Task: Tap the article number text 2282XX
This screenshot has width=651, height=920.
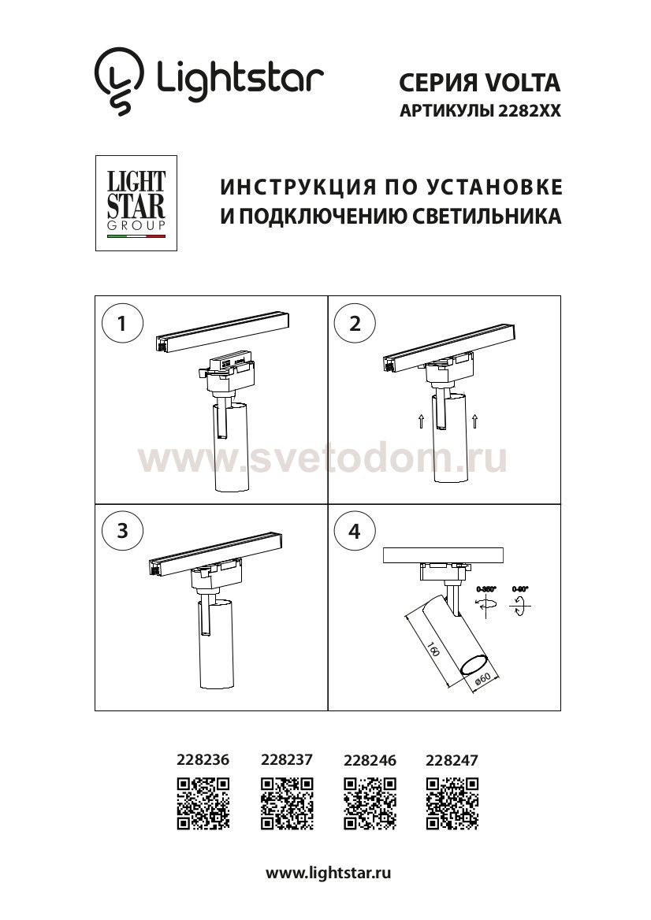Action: (x=529, y=112)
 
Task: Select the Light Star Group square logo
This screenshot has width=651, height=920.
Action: (x=136, y=203)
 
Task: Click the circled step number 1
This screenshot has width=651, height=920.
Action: (x=121, y=323)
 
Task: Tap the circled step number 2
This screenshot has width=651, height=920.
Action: (x=355, y=323)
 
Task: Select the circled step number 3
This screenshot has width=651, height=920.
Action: (x=121, y=530)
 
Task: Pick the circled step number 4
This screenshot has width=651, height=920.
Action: (x=355, y=530)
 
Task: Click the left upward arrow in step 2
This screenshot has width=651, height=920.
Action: (x=422, y=421)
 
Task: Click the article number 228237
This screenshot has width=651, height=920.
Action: (x=286, y=760)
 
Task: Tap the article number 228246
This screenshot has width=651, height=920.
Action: (x=370, y=760)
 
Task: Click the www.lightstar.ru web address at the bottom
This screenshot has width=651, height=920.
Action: (x=329, y=873)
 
